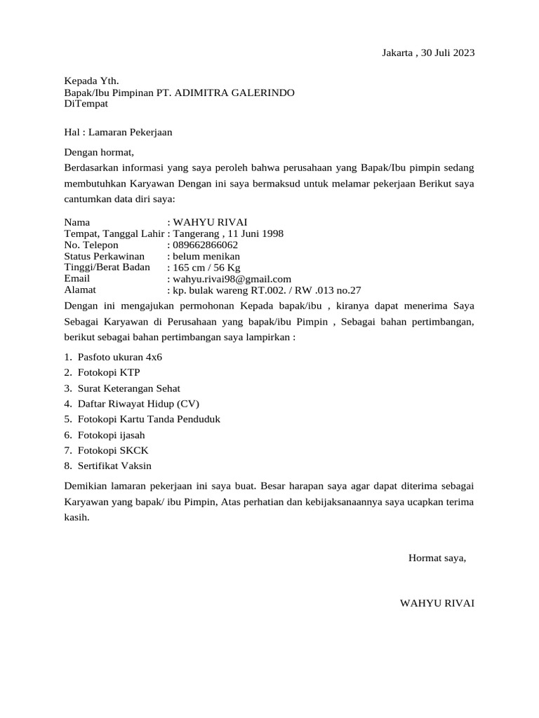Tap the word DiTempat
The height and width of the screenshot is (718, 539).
(x=86, y=104)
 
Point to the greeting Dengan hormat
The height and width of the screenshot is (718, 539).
(x=98, y=151)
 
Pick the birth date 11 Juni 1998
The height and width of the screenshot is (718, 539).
(x=253, y=233)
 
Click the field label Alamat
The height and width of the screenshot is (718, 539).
(x=80, y=289)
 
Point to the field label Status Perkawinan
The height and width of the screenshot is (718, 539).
(x=104, y=256)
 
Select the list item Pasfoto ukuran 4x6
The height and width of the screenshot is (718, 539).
(x=120, y=357)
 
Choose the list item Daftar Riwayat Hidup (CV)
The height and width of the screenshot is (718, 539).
(x=139, y=403)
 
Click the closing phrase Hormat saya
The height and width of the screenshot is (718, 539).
(x=437, y=558)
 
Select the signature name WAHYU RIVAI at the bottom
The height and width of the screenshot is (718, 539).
(x=437, y=603)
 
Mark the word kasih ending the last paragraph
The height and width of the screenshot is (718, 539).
(x=76, y=517)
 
